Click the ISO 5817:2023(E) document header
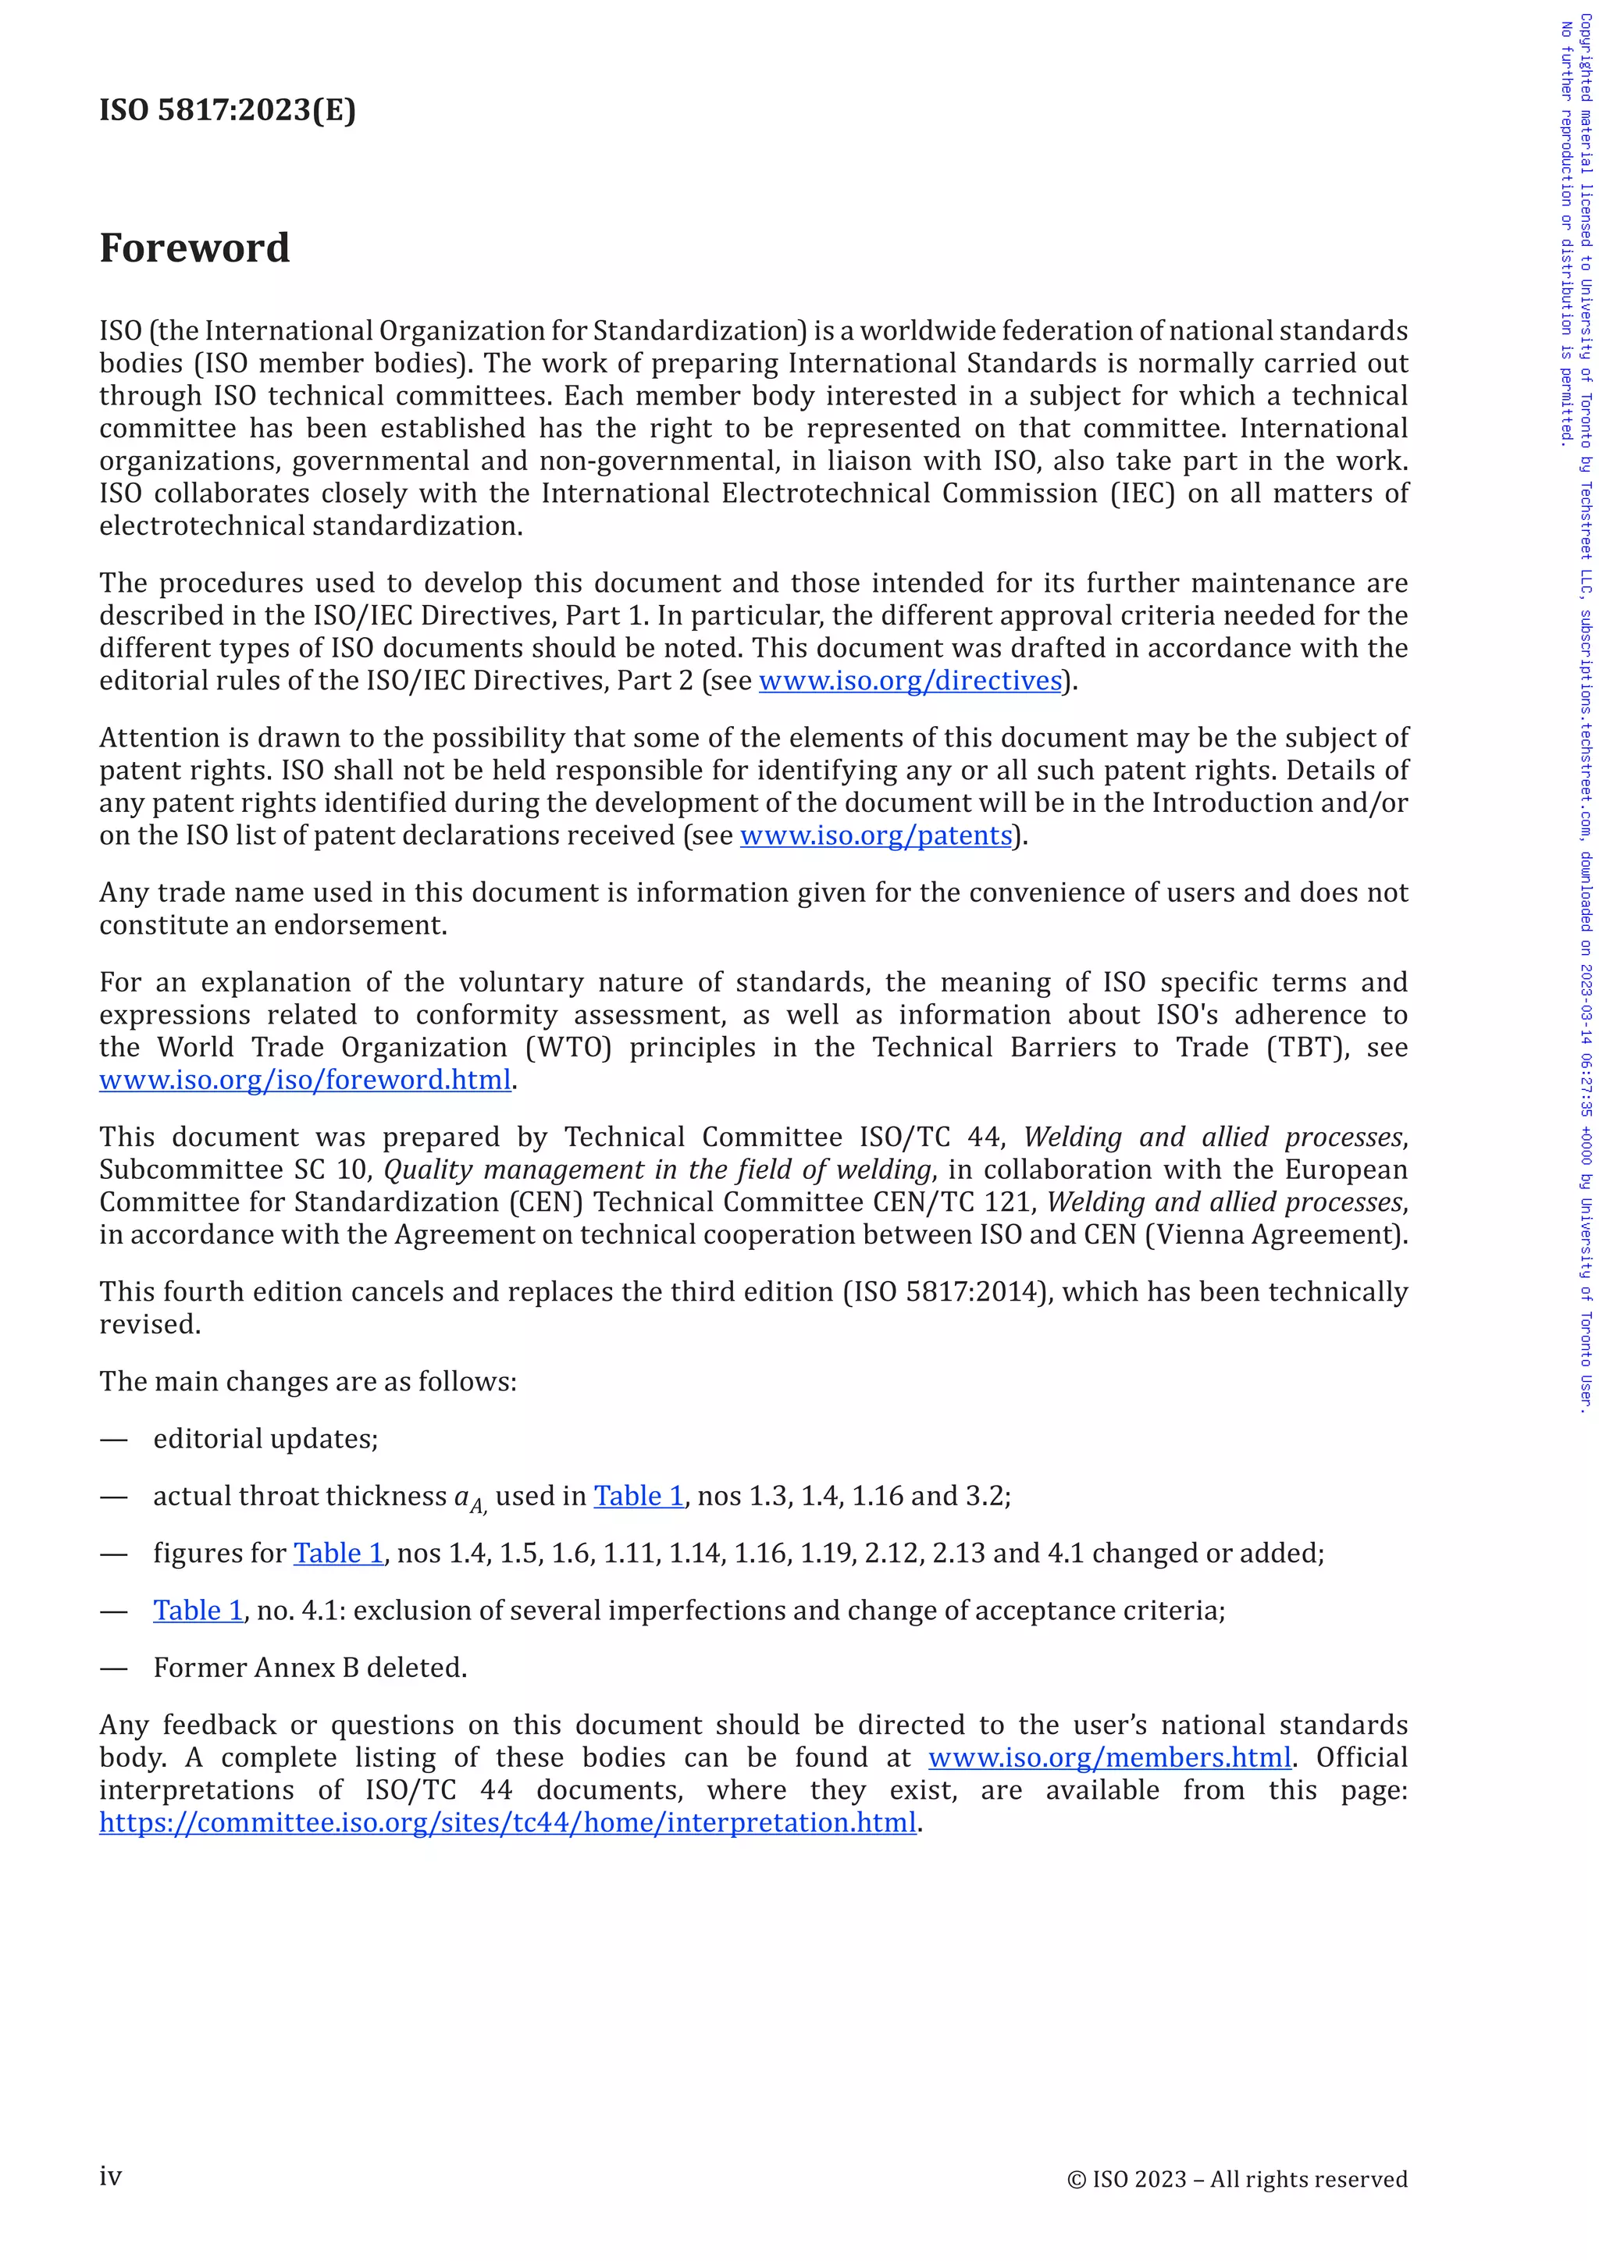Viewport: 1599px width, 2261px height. [x=227, y=109]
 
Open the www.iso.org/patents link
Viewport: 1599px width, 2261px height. [x=876, y=835]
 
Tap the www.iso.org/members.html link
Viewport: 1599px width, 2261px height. [x=1109, y=1757]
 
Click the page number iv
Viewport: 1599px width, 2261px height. [x=110, y=2177]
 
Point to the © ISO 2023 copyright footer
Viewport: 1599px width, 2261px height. [x=1237, y=2179]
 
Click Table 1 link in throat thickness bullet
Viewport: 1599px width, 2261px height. [x=638, y=1496]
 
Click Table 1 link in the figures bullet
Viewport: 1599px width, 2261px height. [x=339, y=1553]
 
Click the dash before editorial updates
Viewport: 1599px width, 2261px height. [x=114, y=1440]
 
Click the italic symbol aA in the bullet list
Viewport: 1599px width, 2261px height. [x=468, y=1499]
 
